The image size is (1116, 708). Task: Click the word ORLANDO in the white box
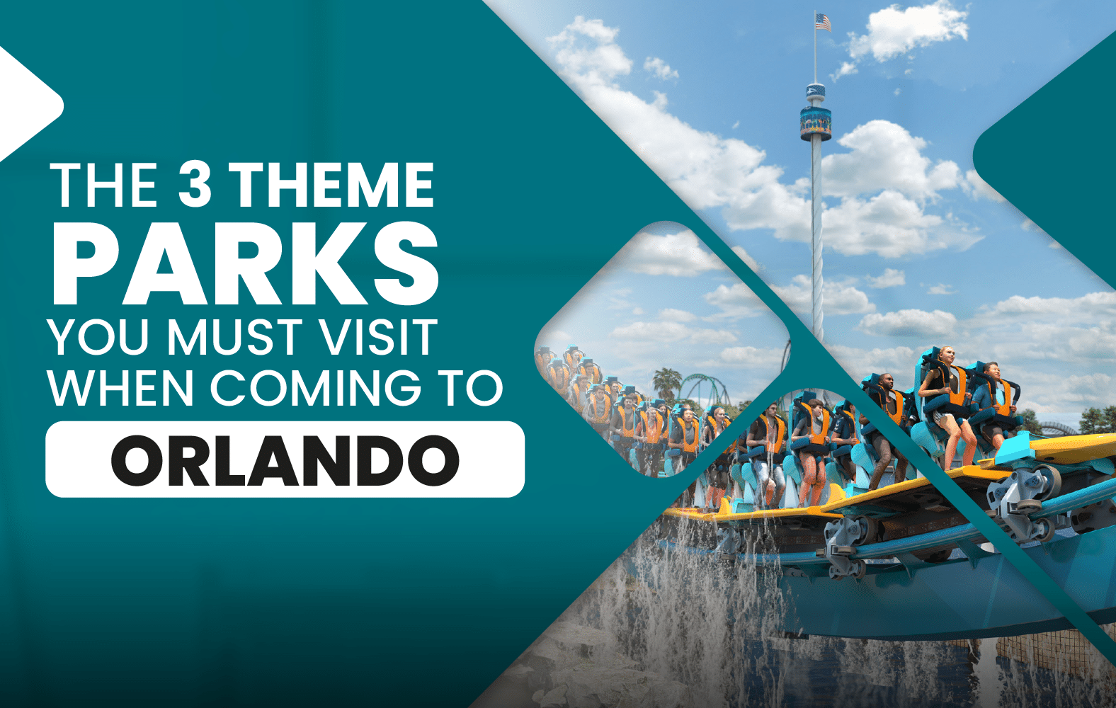click(x=285, y=460)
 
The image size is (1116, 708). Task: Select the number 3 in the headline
click(x=195, y=184)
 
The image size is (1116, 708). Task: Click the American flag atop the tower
click(x=823, y=23)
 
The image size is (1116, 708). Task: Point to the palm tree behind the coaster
click(x=666, y=382)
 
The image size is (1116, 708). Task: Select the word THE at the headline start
click(x=103, y=184)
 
